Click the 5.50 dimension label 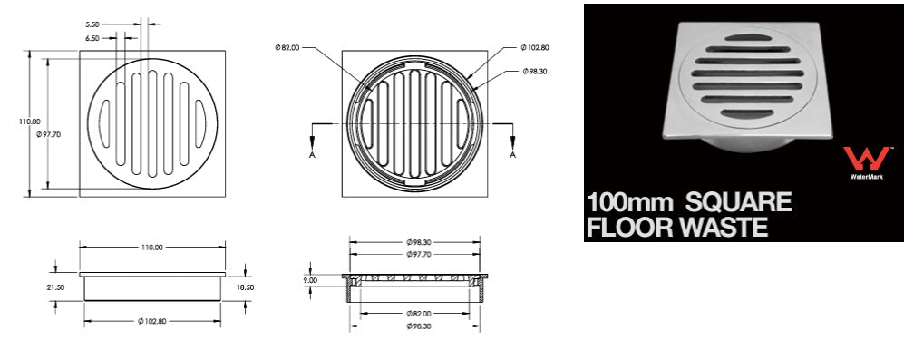[92, 24]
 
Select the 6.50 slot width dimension [92, 38]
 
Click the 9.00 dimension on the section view [311, 280]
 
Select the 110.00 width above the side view [152, 247]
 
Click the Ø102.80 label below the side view [152, 321]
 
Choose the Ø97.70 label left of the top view [47, 134]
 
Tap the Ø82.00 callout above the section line [287, 48]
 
